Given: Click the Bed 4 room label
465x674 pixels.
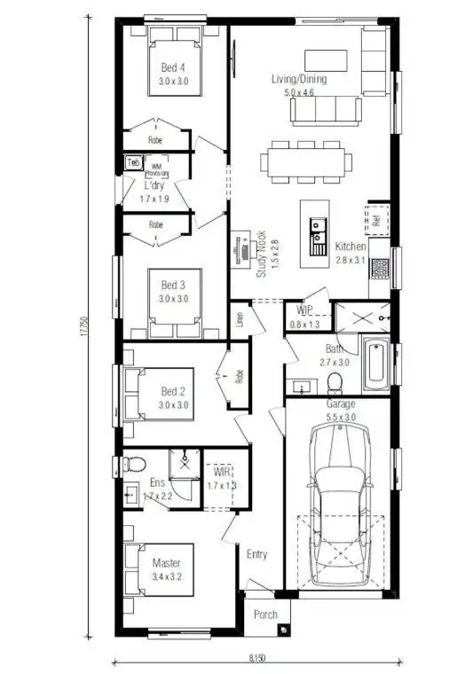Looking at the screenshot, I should (x=173, y=67).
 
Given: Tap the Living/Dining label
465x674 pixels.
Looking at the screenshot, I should (x=299, y=79).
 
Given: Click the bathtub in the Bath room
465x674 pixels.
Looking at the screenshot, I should (x=375, y=363).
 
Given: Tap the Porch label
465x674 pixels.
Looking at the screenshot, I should (x=265, y=614).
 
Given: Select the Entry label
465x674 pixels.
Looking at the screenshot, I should (x=256, y=554).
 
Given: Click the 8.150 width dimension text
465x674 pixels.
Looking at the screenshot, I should (x=256, y=659).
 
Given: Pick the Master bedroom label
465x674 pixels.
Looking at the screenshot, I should (x=166, y=563).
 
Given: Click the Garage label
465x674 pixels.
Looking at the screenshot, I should (x=341, y=404).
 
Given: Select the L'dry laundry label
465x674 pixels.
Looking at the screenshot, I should (x=154, y=186).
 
